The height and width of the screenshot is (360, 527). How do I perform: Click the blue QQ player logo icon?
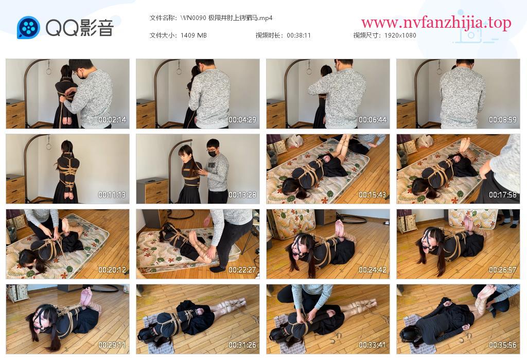pos(28,27)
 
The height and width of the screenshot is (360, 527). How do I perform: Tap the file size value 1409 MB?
pos(194,35)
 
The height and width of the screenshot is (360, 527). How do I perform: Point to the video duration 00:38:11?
pos(298,35)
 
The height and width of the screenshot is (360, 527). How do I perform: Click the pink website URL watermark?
pos(436,23)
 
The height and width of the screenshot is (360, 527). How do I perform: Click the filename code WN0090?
pos(194,18)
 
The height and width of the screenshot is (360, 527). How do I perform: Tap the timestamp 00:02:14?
pos(112,119)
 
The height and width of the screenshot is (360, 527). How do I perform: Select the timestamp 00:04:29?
pos(242,119)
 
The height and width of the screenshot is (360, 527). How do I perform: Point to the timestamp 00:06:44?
pos(373,119)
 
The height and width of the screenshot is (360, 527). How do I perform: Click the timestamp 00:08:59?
pos(503,119)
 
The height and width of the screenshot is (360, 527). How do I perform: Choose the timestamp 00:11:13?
pos(112,195)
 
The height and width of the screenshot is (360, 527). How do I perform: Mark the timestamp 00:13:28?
pos(242,195)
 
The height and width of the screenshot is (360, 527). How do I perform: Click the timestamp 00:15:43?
pos(373,195)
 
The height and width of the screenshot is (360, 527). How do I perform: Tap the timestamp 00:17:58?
pos(503,195)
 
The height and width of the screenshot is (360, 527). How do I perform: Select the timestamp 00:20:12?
pos(112,270)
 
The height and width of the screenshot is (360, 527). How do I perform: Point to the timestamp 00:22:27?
pos(242,270)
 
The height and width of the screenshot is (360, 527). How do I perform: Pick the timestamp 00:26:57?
pos(503,270)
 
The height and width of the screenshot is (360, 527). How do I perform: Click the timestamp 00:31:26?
pos(242,345)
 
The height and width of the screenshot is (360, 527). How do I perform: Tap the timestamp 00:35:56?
pos(503,345)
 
